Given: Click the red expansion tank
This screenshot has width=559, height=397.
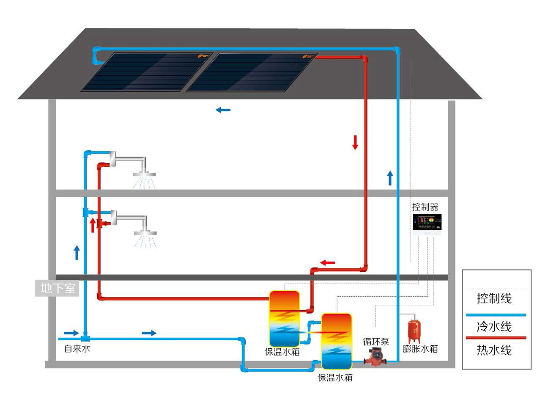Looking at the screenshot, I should pyautogui.click(x=414, y=331).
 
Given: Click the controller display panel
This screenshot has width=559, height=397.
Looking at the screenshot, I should pyautogui.click(x=427, y=222).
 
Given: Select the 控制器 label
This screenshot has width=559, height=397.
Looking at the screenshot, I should pyautogui.click(x=425, y=207).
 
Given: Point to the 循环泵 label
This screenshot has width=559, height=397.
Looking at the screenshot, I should pyautogui.click(x=376, y=342).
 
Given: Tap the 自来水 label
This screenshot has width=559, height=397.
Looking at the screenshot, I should pyautogui.click(x=77, y=349).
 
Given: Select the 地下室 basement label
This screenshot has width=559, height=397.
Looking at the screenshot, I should pyautogui.click(x=58, y=288).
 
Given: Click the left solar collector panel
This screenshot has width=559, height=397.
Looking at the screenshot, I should pyautogui.click(x=146, y=72).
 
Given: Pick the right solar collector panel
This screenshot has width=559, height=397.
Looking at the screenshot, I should pyautogui.click(x=252, y=72).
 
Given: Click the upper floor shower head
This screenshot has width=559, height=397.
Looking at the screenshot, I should pyautogui.click(x=144, y=174).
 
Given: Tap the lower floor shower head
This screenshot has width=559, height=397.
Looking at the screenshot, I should pyautogui.click(x=145, y=232).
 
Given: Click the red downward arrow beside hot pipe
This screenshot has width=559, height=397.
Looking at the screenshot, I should pyautogui.click(x=355, y=142).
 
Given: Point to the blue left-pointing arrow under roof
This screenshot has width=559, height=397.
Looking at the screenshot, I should pyautogui.click(x=223, y=110).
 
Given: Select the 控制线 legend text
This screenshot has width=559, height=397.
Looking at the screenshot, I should pyautogui.click(x=494, y=298).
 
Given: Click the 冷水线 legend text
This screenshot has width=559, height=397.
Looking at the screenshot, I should pyautogui.click(x=494, y=327).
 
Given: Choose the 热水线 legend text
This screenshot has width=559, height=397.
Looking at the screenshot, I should pyautogui.click(x=494, y=350).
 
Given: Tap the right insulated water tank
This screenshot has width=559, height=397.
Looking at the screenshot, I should pyautogui.click(x=337, y=341).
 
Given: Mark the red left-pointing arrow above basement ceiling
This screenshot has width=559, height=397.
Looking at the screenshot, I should pyautogui.click(x=327, y=263).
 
